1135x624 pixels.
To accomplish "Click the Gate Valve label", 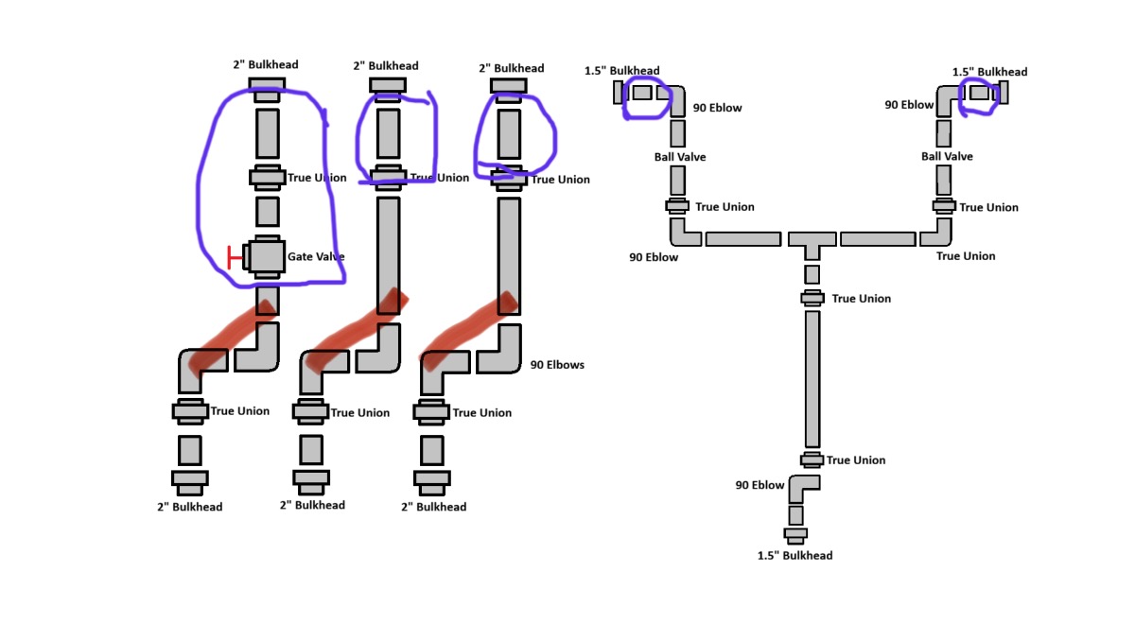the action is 316,257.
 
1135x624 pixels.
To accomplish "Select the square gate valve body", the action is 267,257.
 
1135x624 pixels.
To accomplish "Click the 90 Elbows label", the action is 557,365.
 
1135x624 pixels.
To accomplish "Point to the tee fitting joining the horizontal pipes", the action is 812,245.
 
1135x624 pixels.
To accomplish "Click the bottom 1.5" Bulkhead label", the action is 794,556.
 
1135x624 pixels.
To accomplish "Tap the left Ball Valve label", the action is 679,157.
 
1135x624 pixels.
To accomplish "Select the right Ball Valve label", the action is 947,157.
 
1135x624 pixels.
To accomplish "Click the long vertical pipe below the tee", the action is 812,379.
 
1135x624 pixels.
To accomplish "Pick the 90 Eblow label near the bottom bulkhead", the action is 760,485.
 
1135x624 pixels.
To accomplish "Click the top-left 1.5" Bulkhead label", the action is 621,70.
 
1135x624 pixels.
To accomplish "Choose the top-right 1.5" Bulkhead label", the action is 989,72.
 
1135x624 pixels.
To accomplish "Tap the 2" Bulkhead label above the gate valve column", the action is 266,64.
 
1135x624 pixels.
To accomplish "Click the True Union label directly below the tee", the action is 861,299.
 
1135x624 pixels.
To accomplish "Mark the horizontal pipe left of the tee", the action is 742,239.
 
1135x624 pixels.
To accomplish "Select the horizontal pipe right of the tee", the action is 878,239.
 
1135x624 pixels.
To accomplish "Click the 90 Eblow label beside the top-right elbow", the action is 909,105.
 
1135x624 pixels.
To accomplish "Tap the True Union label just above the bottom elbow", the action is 856,460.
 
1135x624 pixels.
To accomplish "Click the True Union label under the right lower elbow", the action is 966,256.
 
